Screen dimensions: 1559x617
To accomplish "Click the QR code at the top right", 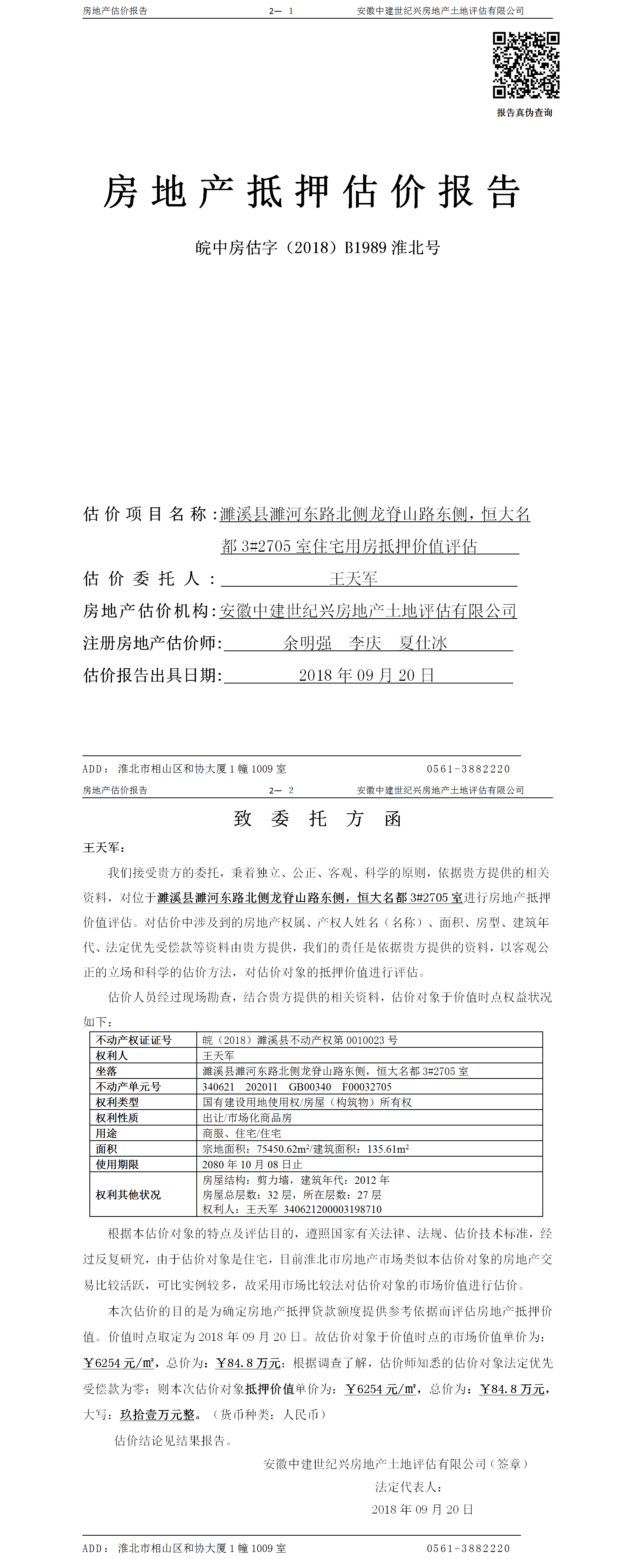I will pyautogui.click(x=526, y=65).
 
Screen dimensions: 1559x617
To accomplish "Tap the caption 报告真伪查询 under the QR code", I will pyautogui.click(x=524, y=113).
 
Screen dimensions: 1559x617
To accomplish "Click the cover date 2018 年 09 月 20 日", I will pyautogui.click(x=366, y=675).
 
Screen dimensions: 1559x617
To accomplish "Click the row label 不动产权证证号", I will pyautogui.click(x=134, y=1040).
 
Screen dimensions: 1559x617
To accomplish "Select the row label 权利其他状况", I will pyautogui.click(x=128, y=1195).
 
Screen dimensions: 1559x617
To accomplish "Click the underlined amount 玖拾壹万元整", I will pyautogui.click(x=157, y=1414).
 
